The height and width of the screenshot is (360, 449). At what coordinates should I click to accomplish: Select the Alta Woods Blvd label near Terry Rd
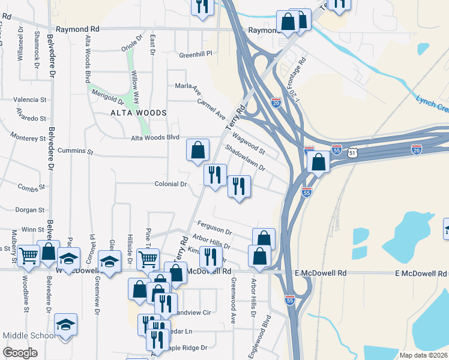coord(155,137)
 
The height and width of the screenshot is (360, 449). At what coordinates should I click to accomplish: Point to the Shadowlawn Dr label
coord(245,156)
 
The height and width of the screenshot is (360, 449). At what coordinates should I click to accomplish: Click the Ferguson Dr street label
coord(214,227)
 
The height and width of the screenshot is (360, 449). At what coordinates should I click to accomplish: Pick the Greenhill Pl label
coord(196,54)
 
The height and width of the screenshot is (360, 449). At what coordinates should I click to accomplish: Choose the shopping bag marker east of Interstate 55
coord(318,161)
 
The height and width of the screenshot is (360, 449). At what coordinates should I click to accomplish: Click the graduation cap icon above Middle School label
coord(65,325)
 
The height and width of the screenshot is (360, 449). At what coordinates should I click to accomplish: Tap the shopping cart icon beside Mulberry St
coord(29,256)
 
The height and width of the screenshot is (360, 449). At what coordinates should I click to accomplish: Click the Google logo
coord(20,352)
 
